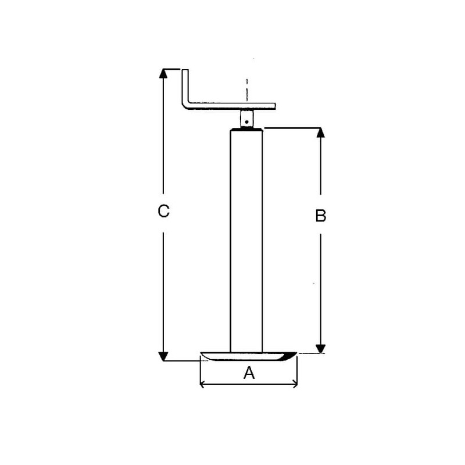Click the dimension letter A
249,373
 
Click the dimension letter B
321,216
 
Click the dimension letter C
163,211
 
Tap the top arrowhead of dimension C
163,73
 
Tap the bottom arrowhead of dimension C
163,356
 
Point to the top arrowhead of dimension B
320,133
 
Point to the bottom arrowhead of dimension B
320,349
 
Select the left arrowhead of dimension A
202,384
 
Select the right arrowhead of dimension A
295,384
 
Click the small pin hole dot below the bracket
246,121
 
